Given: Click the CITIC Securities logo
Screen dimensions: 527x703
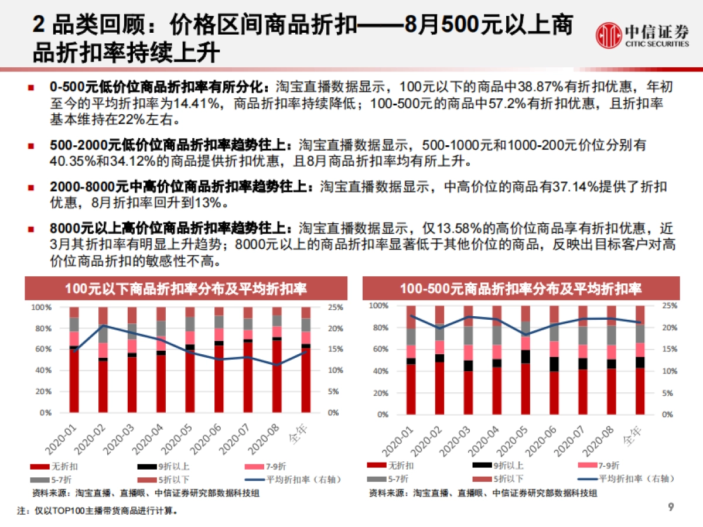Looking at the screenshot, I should (x=642, y=35).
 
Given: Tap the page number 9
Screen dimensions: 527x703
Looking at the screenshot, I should (x=671, y=507).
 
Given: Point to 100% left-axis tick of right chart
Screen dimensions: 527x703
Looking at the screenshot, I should (x=379, y=306).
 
